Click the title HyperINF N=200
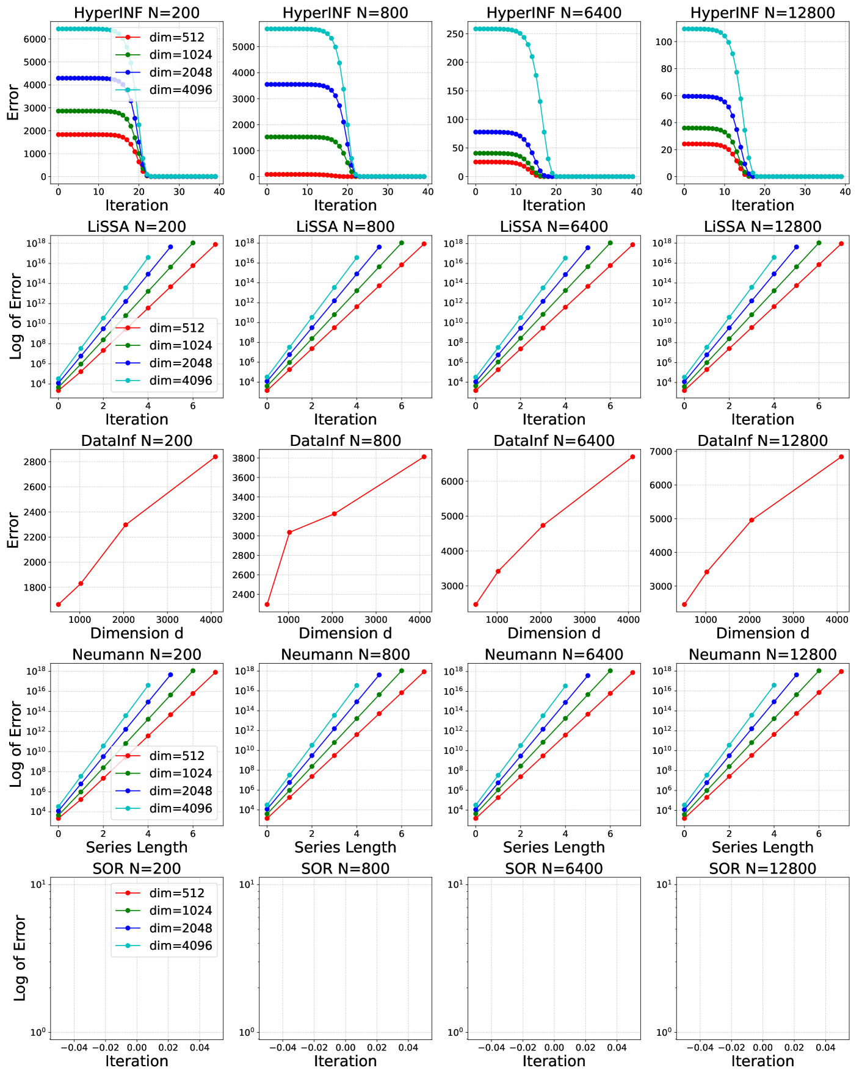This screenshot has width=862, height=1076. coord(136,13)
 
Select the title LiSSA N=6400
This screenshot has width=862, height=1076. coord(554,227)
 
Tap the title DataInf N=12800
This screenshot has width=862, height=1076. coord(762,440)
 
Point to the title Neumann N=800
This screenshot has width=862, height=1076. coord(345,655)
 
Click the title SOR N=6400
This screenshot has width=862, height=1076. coord(554,869)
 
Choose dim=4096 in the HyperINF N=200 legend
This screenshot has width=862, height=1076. coord(181,90)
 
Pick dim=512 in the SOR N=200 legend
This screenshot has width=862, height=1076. coord(177,893)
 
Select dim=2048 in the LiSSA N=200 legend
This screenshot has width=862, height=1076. coord(181,363)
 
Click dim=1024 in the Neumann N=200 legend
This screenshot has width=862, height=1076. coord(181,773)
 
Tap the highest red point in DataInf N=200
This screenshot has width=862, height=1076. coord(215,457)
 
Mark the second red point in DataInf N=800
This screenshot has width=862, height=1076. coord(289,533)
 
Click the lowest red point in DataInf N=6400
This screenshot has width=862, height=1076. coord(476,604)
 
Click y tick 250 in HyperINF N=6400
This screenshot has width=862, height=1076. coord(455,34)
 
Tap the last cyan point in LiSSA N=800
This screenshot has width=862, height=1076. coord(357,257)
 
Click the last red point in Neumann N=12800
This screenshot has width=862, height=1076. coord(841,672)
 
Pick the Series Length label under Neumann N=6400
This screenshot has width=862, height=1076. coord(554,847)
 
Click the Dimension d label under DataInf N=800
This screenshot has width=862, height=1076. coord(345,633)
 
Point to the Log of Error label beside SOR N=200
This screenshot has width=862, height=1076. coord(20,958)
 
